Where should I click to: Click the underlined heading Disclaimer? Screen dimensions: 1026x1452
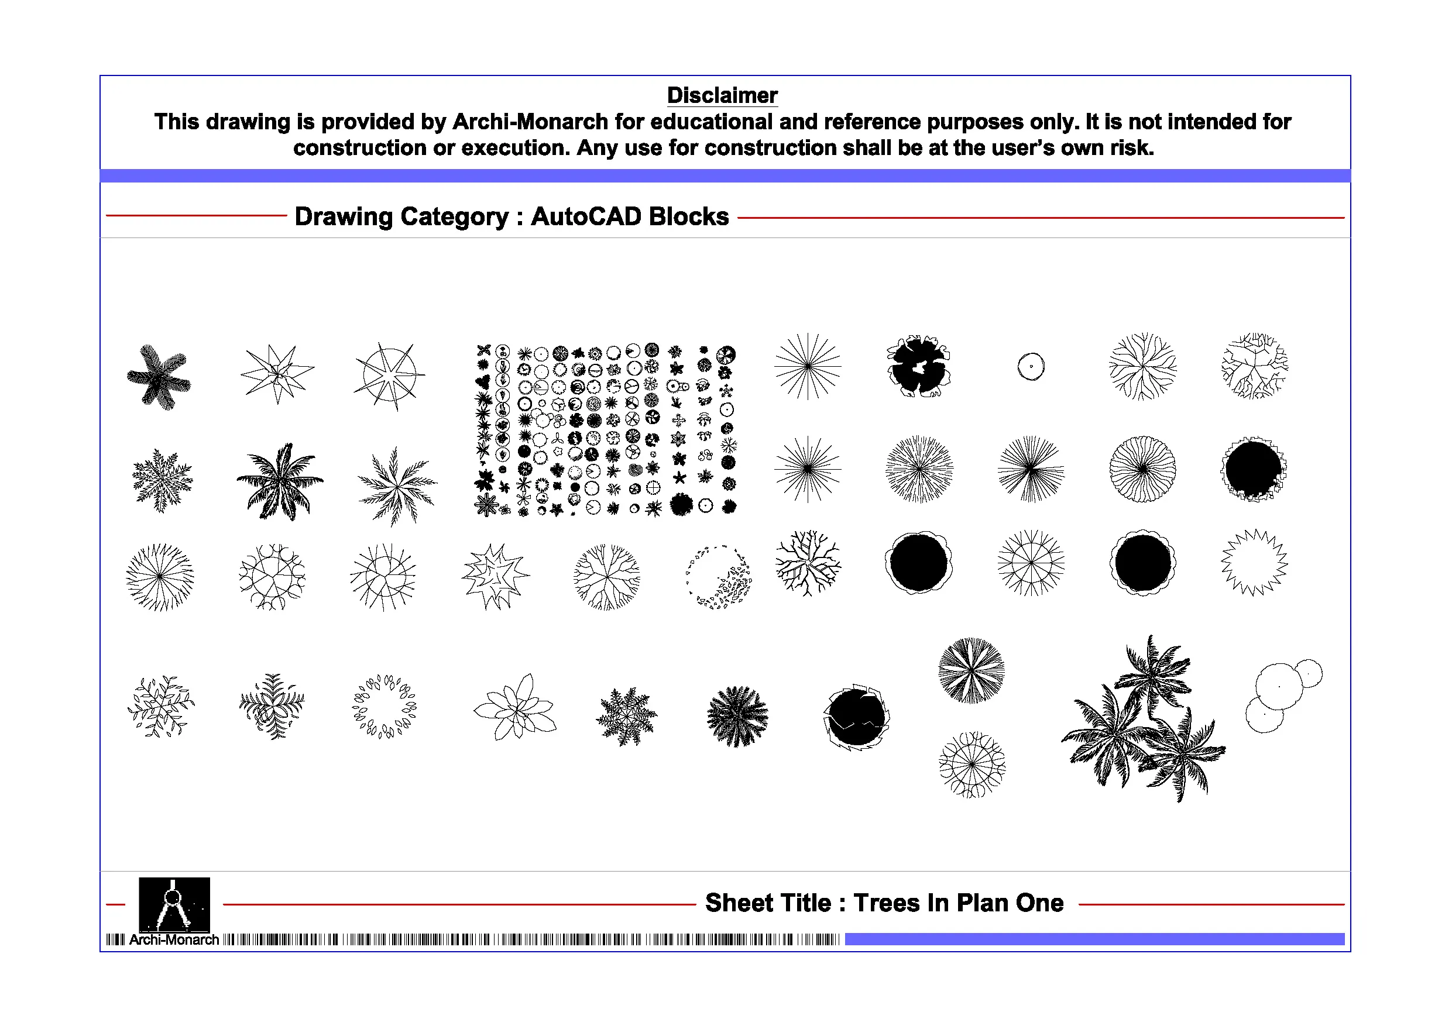[722, 95]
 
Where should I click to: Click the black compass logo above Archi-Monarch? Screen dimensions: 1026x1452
[174, 904]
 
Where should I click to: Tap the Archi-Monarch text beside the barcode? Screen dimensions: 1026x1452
[174, 940]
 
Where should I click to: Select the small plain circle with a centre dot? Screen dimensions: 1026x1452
[1031, 367]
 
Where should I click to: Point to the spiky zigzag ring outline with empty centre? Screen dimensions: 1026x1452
[1254, 563]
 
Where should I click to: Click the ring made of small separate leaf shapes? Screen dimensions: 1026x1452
[384, 706]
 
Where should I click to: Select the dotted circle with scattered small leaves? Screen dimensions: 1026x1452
[719, 577]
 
